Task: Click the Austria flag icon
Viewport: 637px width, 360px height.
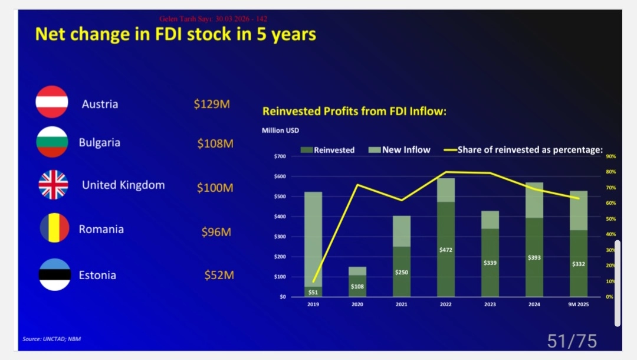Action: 52,102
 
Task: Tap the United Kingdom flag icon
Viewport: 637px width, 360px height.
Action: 53,185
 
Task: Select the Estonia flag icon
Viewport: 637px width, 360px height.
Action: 54,274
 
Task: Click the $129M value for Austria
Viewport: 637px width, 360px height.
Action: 211,104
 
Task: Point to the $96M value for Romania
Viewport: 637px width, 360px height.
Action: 216,232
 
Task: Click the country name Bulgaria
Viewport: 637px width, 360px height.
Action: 99,142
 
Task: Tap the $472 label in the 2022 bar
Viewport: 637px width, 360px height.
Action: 446,250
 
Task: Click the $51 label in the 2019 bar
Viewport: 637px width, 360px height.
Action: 313,292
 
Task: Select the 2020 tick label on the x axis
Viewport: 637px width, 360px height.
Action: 357,305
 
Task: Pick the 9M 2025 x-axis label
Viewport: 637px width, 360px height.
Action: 579,305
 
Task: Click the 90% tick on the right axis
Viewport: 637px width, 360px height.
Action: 610,156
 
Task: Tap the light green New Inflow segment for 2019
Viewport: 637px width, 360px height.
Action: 313,236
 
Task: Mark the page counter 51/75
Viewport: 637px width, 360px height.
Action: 572,341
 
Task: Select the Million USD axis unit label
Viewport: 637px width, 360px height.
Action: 281,130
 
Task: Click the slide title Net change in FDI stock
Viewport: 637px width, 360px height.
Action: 175,34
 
